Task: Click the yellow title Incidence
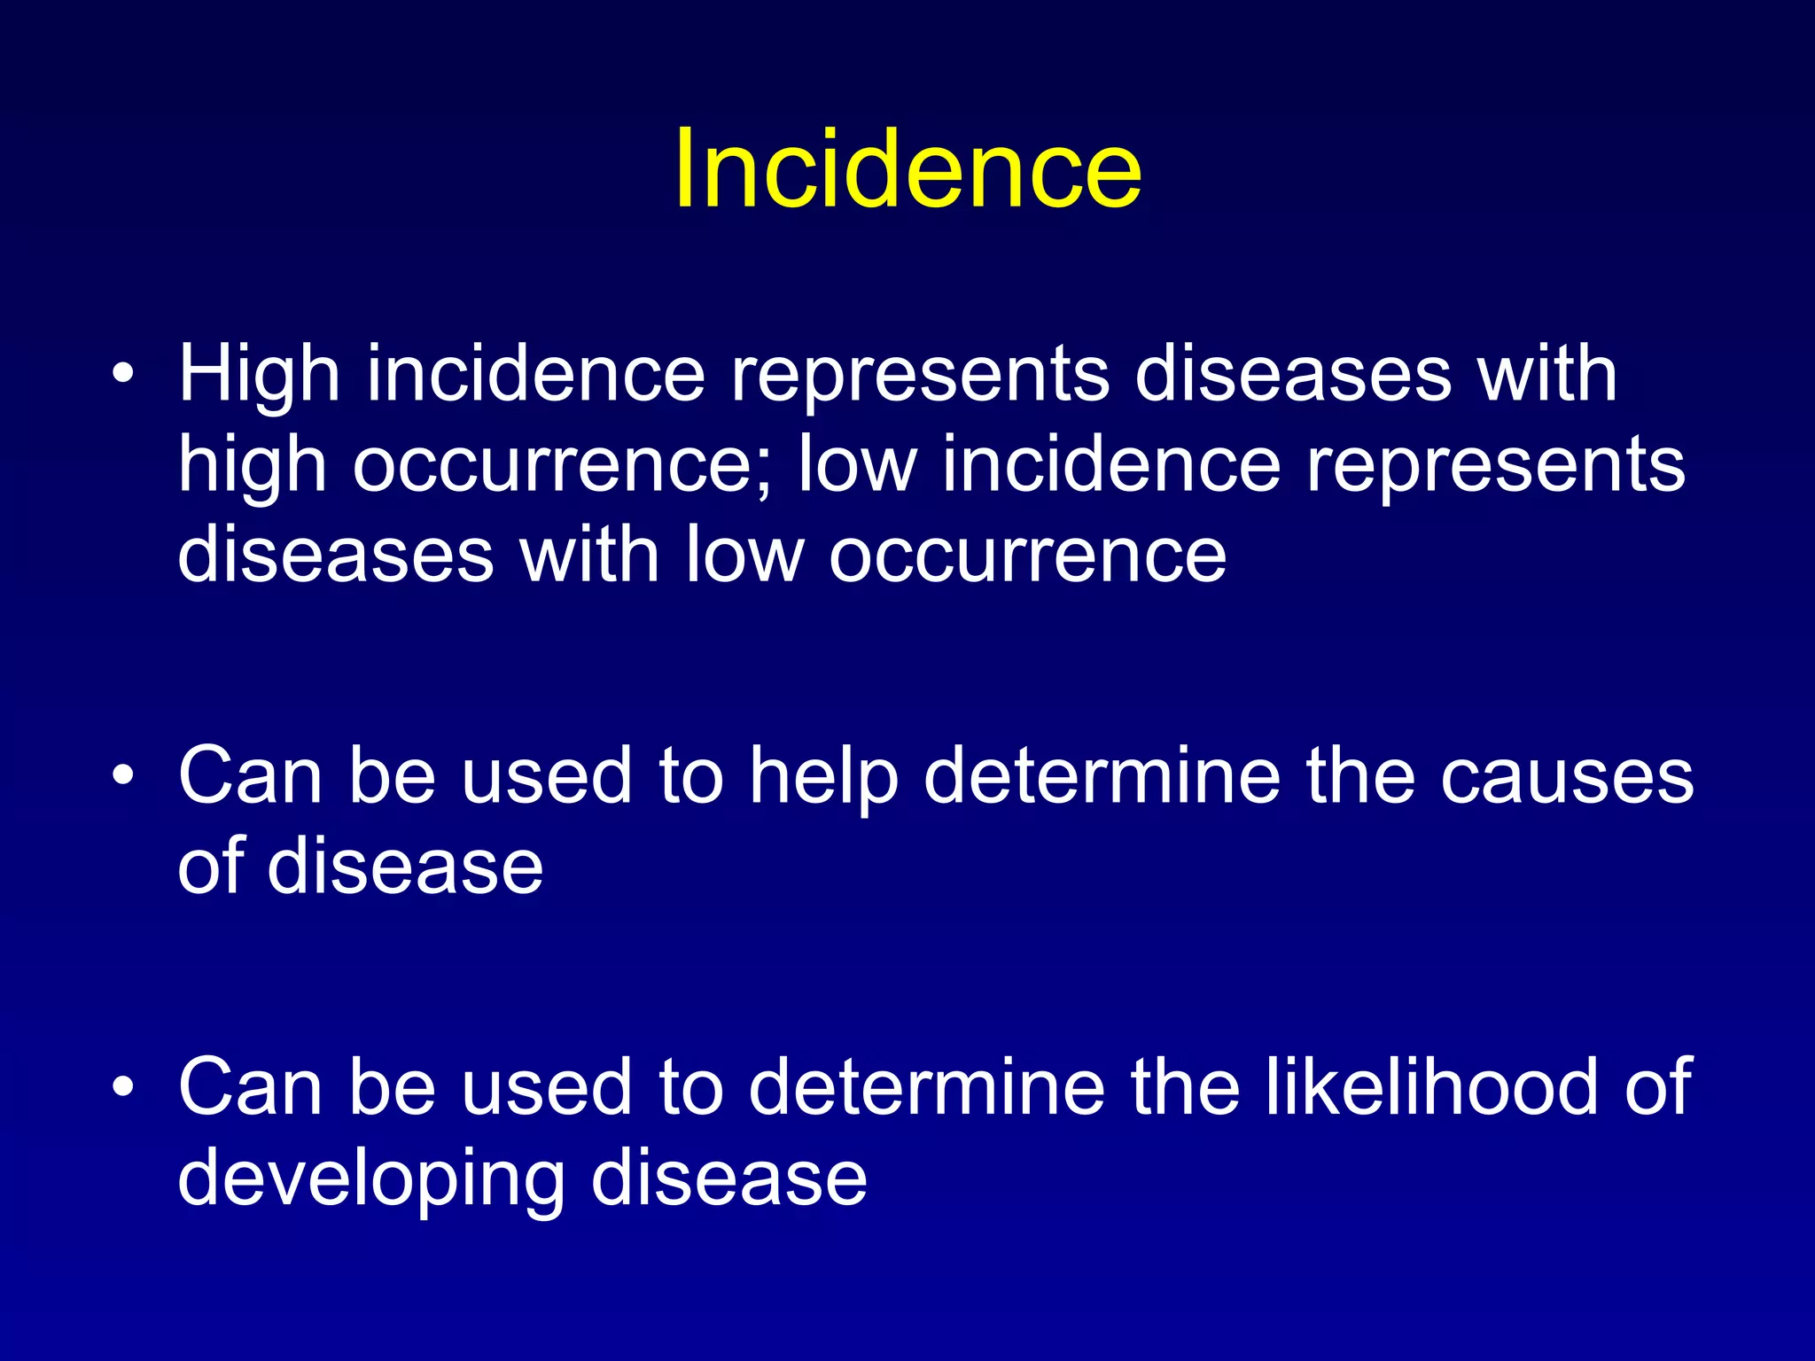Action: click(907, 168)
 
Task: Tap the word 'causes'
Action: click(1566, 776)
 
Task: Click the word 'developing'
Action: click(371, 1180)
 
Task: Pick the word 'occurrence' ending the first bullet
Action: click(1028, 557)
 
